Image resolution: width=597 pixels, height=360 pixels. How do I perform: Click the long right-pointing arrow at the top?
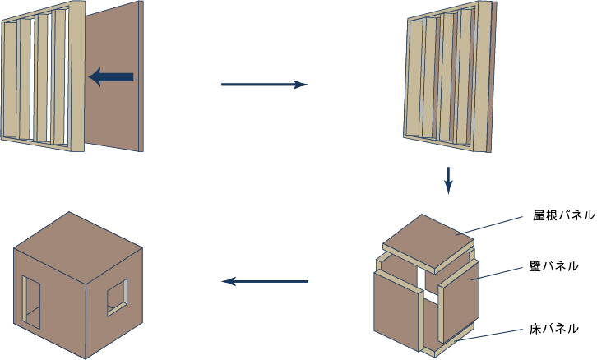(x=263, y=85)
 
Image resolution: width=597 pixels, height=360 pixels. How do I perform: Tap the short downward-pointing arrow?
(x=448, y=180)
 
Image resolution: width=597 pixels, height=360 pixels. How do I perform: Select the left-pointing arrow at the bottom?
(x=265, y=282)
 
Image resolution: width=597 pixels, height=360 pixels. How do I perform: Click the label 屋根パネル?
(x=563, y=216)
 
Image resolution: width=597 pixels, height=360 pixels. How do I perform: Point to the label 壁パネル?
(x=554, y=266)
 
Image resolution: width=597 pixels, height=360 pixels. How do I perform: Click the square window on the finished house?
(x=117, y=297)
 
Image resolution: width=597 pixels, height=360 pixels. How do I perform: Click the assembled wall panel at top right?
(x=448, y=82)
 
